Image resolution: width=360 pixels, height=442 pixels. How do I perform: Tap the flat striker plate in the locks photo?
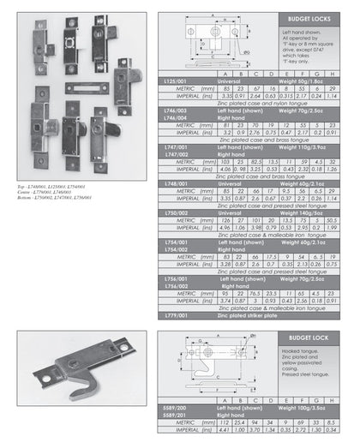click(83, 87)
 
